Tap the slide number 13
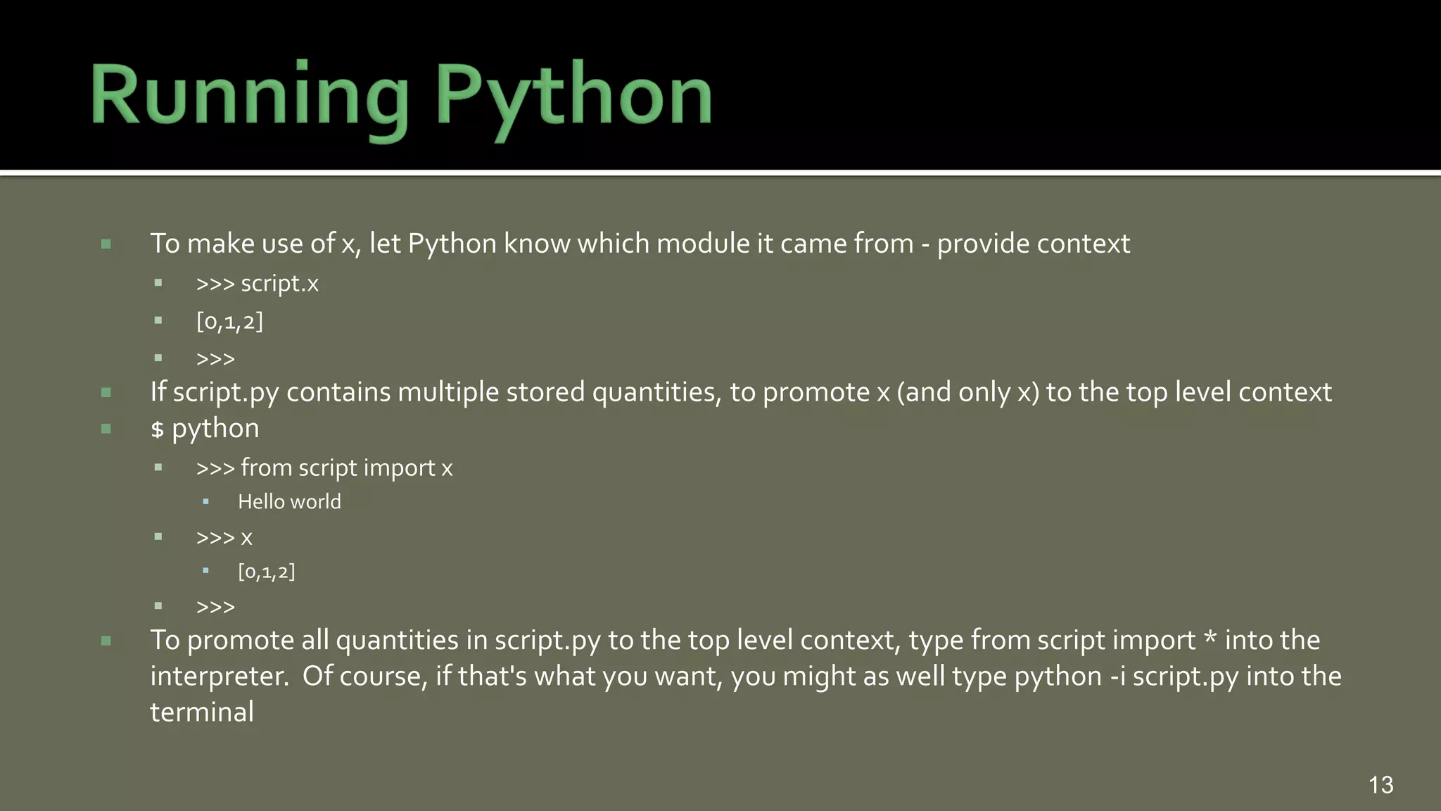pyautogui.click(x=1380, y=785)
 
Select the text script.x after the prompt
pyautogui.click(x=279, y=284)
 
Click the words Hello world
pyautogui.click(x=289, y=502)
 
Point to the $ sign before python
pyautogui.click(x=157, y=429)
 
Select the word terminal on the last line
pyautogui.click(x=202, y=712)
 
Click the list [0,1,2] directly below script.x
pyautogui.click(x=229, y=322)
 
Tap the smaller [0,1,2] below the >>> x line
pyautogui.click(x=266, y=572)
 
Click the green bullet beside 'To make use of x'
pyautogui.click(x=106, y=244)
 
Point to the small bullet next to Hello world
pyautogui.click(x=205, y=502)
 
